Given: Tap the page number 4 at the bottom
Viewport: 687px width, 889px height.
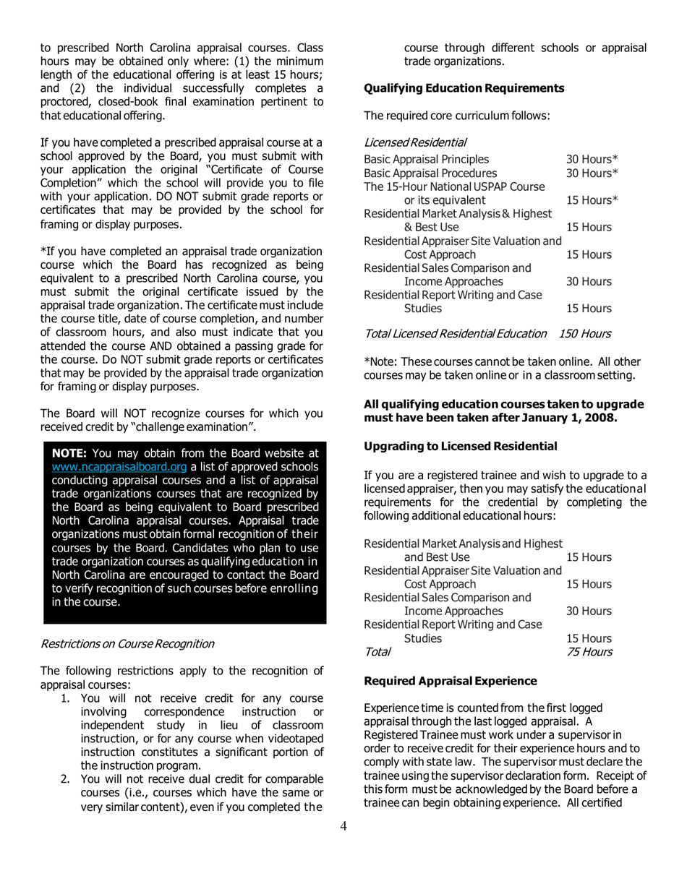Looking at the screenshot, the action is click(x=343, y=827).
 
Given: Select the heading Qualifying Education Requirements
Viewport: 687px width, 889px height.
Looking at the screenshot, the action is click(x=464, y=88).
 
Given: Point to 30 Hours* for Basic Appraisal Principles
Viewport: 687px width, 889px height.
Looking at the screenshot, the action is click(x=592, y=159).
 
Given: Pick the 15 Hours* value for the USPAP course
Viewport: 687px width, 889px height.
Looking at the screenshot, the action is click(x=592, y=199).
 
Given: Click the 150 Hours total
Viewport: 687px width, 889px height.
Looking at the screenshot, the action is click(x=585, y=333).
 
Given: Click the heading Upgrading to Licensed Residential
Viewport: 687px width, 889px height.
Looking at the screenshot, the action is click(x=461, y=446).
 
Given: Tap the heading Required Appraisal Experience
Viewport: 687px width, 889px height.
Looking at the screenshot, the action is click(x=451, y=681).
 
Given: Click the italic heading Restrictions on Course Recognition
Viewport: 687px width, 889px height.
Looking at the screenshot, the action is click(x=127, y=643).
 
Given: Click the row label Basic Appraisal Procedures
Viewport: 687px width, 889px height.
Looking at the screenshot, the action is click(x=430, y=173).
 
